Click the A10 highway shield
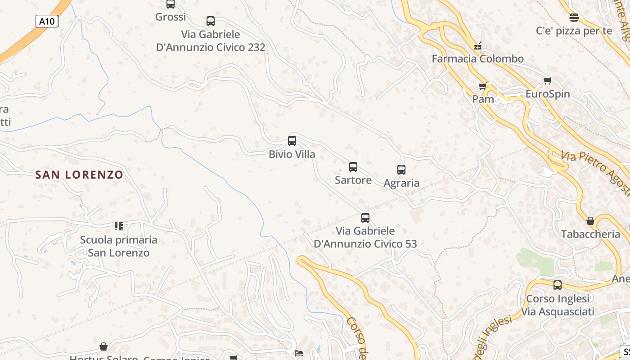pyautogui.click(x=47, y=21)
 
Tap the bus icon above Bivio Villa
pyautogui.click(x=292, y=141)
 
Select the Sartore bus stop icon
pyautogui.click(x=353, y=167)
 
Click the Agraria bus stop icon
pyautogui.click(x=401, y=170)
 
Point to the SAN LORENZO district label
pyautogui.click(x=79, y=175)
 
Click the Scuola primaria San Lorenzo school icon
pyautogui.click(x=119, y=226)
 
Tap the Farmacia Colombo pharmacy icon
pyautogui.click(x=477, y=46)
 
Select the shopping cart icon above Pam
pyautogui.click(x=483, y=86)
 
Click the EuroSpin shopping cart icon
pyautogui.click(x=547, y=81)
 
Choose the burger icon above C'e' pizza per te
pyautogui.click(x=574, y=18)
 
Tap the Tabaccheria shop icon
pyautogui.click(x=590, y=221)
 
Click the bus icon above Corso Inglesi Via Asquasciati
pyautogui.click(x=558, y=285)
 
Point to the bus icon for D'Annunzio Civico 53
pyautogui.click(x=365, y=218)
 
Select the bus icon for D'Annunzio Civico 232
pyautogui.click(x=211, y=21)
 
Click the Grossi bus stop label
pyautogui.click(x=171, y=17)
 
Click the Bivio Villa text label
pyautogui.click(x=292, y=154)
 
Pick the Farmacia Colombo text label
pyautogui.click(x=478, y=59)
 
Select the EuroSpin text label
pyautogui.click(x=548, y=94)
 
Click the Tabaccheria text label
pyautogui.click(x=590, y=234)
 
